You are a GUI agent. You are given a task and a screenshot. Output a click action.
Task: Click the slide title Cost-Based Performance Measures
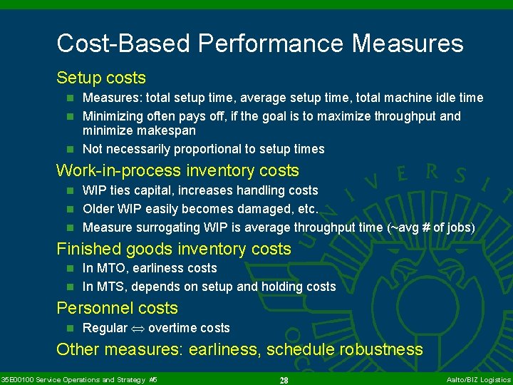tap(260, 43)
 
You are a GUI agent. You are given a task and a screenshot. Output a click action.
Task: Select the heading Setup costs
tap(101, 78)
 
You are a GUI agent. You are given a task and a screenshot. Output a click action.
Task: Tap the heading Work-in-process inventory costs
tap(177, 170)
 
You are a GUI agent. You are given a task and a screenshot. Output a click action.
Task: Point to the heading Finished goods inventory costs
tap(174, 249)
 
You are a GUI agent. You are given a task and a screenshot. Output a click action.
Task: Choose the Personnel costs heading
tap(117, 308)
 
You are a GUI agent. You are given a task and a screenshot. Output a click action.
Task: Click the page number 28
tap(284, 380)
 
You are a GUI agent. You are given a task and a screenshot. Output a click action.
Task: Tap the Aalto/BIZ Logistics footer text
tap(478, 380)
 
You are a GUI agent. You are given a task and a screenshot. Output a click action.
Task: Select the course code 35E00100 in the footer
tap(17, 380)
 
